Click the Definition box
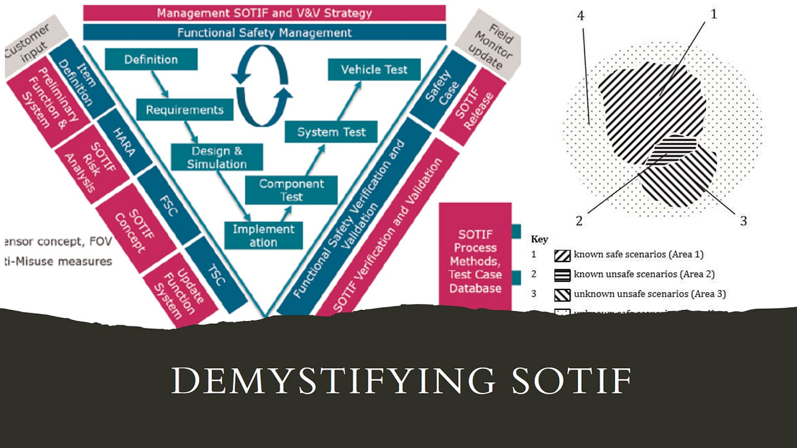[x=151, y=60]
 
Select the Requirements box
[x=185, y=109]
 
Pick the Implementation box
[x=264, y=236]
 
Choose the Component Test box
[x=292, y=190]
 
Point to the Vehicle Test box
[x=374, y=70]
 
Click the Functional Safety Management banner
[x=264, y=32]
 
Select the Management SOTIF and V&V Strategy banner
[x=264, y=13]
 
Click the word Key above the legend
[x=539, y=239]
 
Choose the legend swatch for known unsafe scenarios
[x=562, y=274]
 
